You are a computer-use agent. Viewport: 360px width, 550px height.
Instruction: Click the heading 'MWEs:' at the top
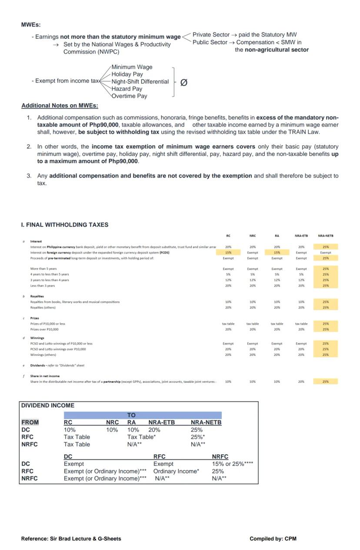click(x=31, y=25)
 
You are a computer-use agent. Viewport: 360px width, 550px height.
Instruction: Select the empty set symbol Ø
click(x=183, y=82)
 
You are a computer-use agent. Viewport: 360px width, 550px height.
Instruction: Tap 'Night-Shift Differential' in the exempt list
click(x=140, y=81)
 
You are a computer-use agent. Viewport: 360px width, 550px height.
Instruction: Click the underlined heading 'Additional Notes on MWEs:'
click(x=60, y=106)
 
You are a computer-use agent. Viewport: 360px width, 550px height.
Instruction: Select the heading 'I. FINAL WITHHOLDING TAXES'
click(x=65, y=225)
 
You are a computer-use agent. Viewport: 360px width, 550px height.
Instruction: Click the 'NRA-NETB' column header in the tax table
click(x=325, y=236)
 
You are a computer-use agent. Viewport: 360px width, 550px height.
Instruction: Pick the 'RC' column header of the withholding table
click(x=228, y=236)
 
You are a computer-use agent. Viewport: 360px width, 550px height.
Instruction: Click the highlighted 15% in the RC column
click(x=228, y=252)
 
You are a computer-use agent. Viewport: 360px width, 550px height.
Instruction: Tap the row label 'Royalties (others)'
click(x=43, y=308)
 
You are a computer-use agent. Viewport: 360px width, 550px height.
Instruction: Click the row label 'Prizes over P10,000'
click(x=44, y=329)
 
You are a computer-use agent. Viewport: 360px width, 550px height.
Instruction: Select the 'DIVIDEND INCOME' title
click(x=48, y=405)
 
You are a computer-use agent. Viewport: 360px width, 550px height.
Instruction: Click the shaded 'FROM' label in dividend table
click(x=30, y=422)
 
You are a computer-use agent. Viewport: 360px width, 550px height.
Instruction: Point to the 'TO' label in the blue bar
click(x=131, y=415)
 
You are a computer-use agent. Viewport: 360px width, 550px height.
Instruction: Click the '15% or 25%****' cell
click(x=233, y=464)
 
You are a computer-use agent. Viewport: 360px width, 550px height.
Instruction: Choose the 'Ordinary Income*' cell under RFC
click(x=176, y=471)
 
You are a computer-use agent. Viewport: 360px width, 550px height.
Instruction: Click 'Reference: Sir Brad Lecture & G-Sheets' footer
click(x=71, y=539)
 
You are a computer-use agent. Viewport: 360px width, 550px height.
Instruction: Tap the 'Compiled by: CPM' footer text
click(x=273, y=539)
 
